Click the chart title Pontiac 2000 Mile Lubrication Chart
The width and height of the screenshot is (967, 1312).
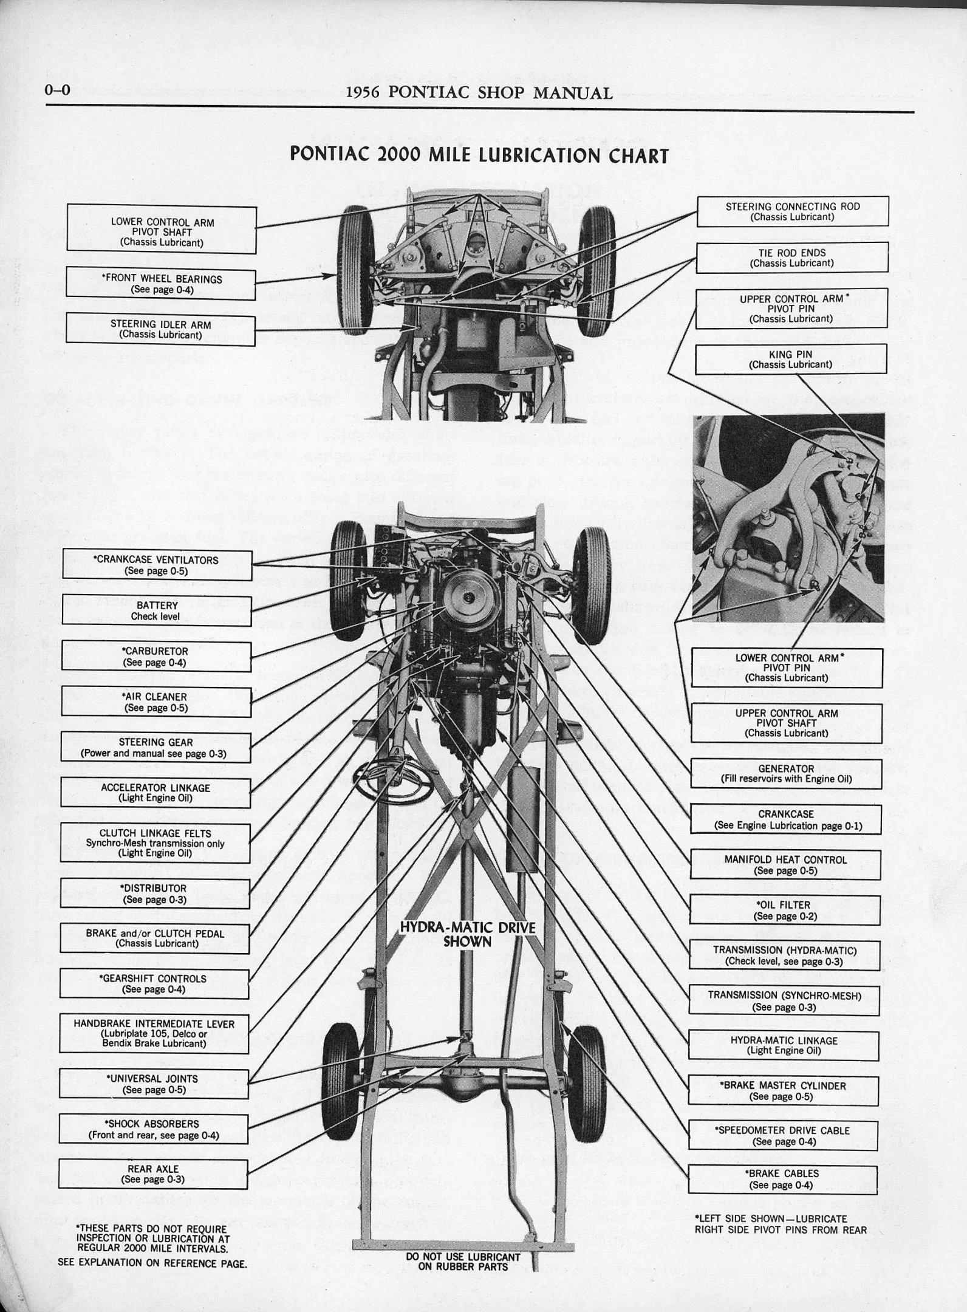pyautogui.click(x=479, y=154)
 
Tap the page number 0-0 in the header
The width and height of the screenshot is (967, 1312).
pyautogui.click(x=58, y=91)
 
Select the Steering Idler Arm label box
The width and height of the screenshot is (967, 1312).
pyautogui.click(x=160, y=329)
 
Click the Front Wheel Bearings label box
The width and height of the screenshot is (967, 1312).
pyautogui.click(x=161, y=284)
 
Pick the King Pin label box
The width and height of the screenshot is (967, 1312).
pyautogui.click(x=790, y=359)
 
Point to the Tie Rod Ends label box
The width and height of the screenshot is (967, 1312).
pyautogui.click(x=791, y=258)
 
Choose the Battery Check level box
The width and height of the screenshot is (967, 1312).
pyautogui.click(x=157, y=610)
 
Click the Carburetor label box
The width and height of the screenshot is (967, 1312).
pyautogui.click(x=156, y=656)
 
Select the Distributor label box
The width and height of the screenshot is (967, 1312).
pyautogui.click(x=155, y=893)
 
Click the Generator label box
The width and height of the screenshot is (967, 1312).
pyautogui.click(x=785, y=773)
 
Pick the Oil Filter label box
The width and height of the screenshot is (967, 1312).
pyautogui.click(x=784, y=910)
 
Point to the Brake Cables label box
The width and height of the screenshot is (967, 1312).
pyautogui.click(x=782, y=1179)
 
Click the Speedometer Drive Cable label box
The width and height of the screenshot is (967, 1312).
pyautogui.click(x=783, y=1135)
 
